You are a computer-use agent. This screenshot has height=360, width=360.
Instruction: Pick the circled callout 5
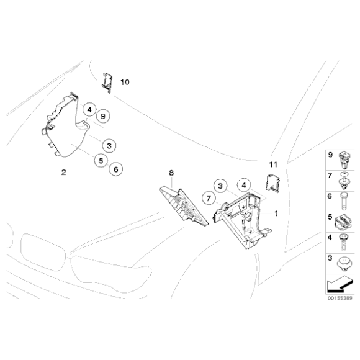point(99,160)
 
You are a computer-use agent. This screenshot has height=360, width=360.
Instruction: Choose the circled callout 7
point(209,199)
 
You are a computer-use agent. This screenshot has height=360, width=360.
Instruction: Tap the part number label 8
point(173,172)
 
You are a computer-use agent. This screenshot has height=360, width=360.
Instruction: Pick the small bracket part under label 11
point(272,182)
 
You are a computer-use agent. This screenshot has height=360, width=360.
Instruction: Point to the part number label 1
point(276,213)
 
